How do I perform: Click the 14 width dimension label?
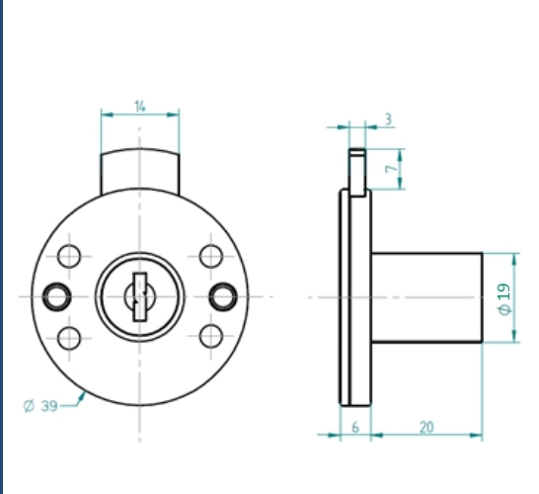coord(140,107)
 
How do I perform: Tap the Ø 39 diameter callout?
coord(40,406)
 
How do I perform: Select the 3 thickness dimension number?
coord(388,120)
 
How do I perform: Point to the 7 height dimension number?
coord(391,169)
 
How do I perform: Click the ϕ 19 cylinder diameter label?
coord(503,299)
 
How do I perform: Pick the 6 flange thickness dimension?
coord(355,427)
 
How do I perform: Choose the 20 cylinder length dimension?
coord(426,427)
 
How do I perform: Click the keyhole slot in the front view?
coord(140,296)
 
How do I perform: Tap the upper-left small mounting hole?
coord(69,256)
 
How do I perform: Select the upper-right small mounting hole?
coord(211,256)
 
